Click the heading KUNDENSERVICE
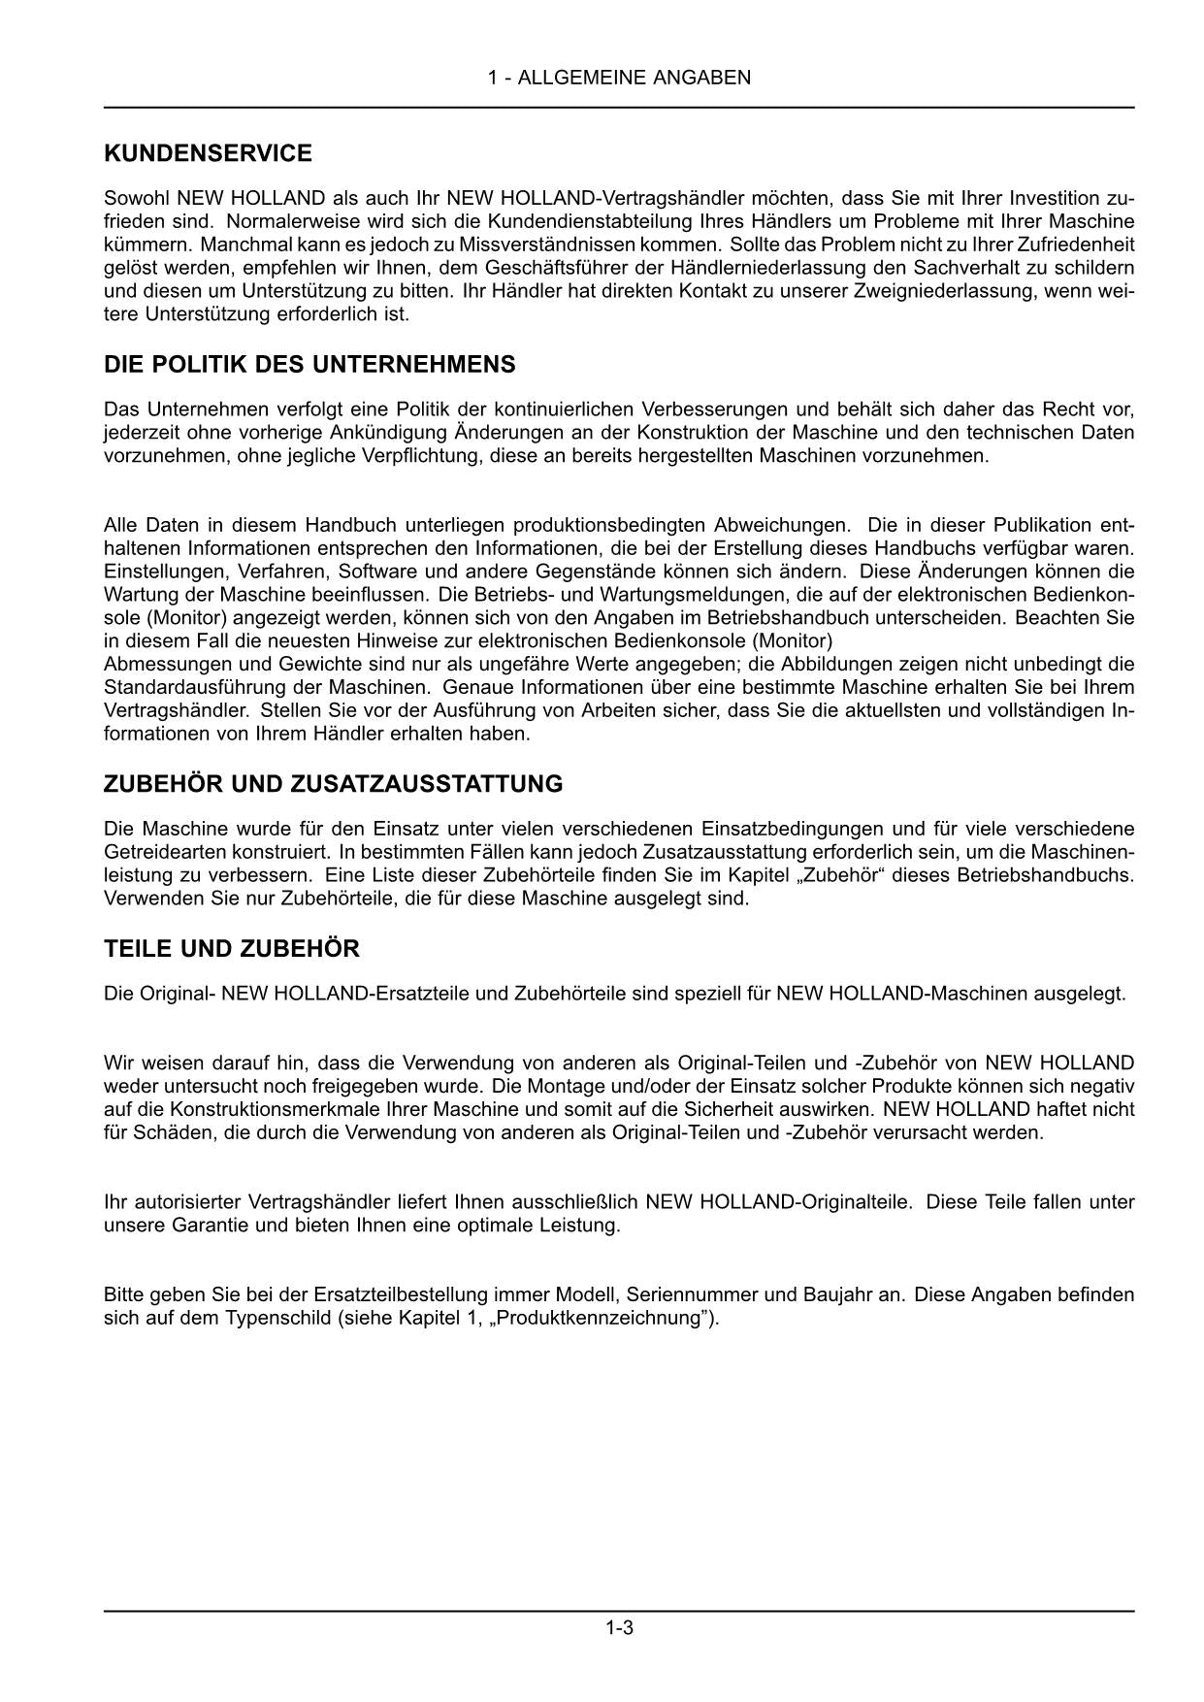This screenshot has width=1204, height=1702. [208, 153]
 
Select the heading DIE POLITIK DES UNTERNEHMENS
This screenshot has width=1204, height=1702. [309, 365]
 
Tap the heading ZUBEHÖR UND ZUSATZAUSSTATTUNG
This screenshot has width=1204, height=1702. [333, 783]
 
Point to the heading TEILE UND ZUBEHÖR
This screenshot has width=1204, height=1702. [231, 949]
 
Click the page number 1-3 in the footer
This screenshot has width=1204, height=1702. [619, 1628]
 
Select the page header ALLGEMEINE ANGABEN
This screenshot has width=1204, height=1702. [634, 78]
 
